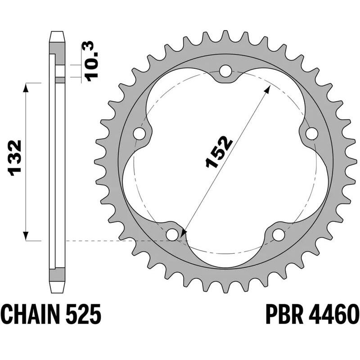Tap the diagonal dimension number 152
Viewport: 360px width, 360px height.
click(x=218, y=152)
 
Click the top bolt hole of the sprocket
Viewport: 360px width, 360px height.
click(x=226, y=71)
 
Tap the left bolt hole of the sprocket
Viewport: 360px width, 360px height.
click(x=140, y=134)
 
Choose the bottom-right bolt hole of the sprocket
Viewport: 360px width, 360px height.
click(x=279, y=234)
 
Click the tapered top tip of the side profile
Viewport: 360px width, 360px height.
click(x=57, y=35)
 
